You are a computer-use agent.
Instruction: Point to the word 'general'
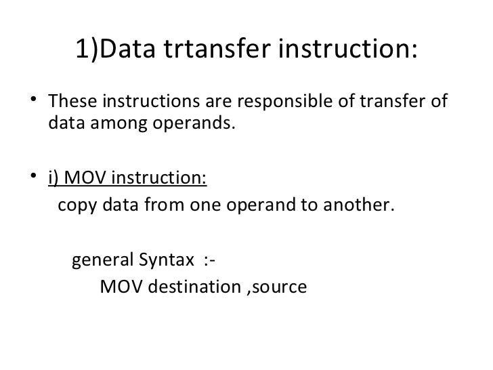coord(102,261)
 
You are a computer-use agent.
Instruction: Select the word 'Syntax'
coord(165,261)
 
